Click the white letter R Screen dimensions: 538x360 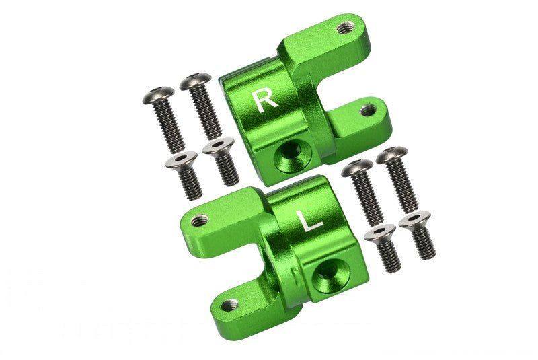coord(264,101)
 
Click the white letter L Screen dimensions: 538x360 coord(310,221)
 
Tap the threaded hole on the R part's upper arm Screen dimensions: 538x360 coord(345,27)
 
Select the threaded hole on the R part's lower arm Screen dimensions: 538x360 coord(367,110)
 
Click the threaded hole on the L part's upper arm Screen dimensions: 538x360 coord(199,220)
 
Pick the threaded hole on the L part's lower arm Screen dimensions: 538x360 coord(229,305)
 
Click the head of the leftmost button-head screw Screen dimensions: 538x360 coord(158,95)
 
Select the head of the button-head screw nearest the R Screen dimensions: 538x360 coord(195,81)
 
